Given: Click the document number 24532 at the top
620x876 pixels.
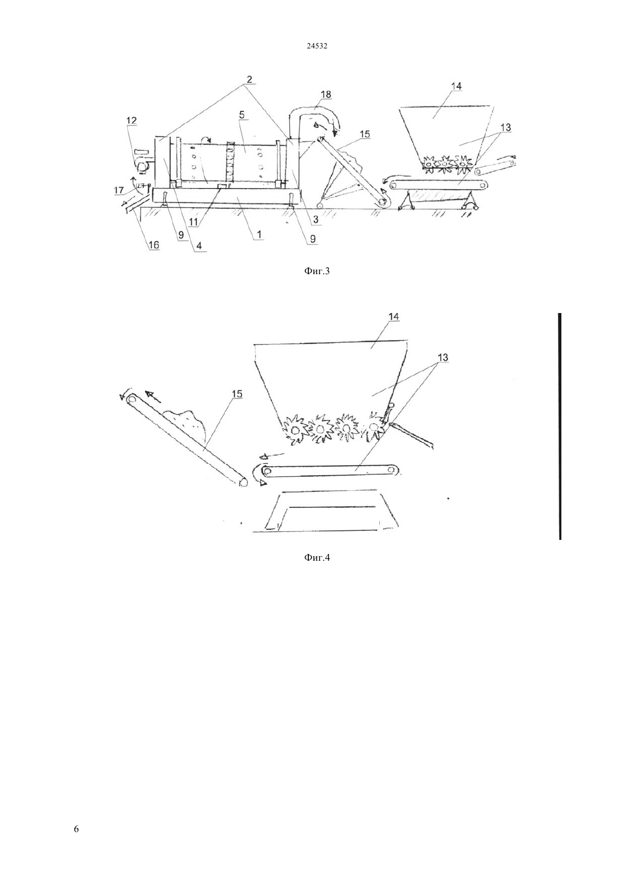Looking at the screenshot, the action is click(x=317, y=46).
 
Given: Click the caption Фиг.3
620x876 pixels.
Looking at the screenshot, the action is click(x=317, y=271).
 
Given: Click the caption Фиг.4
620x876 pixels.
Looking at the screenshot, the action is click(x=317, y=557).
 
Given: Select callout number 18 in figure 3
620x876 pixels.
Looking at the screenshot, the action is click(x=326, y=94).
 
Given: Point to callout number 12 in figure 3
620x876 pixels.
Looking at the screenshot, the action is click(x=131, y=120).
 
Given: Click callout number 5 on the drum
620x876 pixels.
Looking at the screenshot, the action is click(x=241, y=115).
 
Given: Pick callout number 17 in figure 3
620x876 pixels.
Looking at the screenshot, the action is click(x=119, y=191).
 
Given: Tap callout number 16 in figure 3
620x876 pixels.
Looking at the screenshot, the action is click(x=154, y=245).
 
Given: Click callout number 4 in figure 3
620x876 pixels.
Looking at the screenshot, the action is click(x=199, y=246).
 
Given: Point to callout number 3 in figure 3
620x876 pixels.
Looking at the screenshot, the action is click(x=315, y=220).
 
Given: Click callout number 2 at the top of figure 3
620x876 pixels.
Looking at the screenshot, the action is click(x=249, y=79).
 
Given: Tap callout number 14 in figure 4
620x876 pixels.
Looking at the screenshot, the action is click(x=394, y=317).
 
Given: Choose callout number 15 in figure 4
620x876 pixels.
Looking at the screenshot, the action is click(x=237, y=394).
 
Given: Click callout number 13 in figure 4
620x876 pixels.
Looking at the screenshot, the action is click(x=442, y=357).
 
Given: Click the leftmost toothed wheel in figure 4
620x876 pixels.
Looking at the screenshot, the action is click(x=295, y=429).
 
